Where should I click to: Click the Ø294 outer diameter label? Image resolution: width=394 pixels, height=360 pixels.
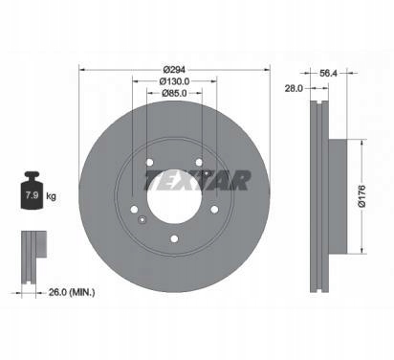tap(174, 70)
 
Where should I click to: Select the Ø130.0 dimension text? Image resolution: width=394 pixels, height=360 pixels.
tap(174, 81)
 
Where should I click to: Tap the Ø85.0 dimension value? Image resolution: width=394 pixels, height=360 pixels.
tap(174, 93)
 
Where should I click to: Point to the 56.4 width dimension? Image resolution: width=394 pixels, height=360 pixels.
tap(328, 73)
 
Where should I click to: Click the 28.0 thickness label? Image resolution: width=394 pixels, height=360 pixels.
tap(294, 88)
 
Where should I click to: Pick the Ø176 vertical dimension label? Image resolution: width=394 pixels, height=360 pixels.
tap(361, 196)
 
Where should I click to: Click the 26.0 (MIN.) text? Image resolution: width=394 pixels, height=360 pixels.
tap(72, 292)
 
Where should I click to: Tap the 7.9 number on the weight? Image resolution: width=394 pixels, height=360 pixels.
tap(33, 195)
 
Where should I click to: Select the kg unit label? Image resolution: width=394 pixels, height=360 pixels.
tap(51, 195)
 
